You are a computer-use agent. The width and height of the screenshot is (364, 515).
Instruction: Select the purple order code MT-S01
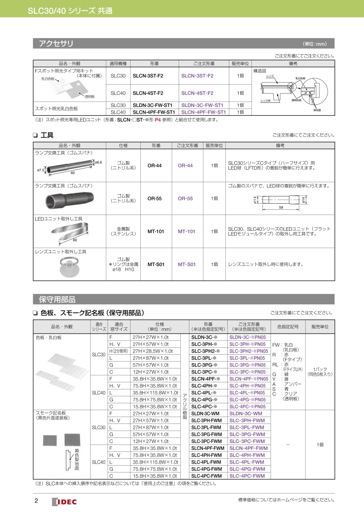[x=186, y=264]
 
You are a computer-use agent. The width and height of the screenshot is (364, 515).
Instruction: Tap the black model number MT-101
[x=156, y=232]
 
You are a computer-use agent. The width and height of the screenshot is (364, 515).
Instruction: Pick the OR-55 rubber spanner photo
[x=69, y=199]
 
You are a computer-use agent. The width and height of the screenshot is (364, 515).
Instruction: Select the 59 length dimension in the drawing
[x=281, y=207]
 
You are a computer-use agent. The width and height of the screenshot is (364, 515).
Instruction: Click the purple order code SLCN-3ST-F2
[x=197, y=76]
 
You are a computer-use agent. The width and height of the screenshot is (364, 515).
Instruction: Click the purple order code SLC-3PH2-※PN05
[x=248, y=351]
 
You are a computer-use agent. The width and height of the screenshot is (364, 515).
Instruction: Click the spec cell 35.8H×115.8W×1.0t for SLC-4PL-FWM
[x=155, y=462]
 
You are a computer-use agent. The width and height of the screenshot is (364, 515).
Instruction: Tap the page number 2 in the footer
[x=36, y=501]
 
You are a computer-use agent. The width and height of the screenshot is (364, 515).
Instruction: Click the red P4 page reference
[x=158, y=119]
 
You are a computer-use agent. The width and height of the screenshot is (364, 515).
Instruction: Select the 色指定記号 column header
[x=288, y=326]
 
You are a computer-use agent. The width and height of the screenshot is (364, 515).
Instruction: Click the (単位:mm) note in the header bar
[x=315, y=44]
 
